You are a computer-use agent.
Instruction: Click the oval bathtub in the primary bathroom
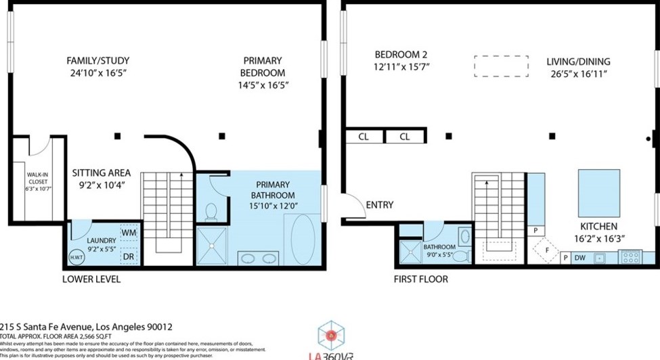305,239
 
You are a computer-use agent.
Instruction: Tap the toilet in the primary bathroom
211,212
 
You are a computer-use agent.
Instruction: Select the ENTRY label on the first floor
379,205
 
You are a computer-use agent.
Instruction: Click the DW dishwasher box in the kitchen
579,258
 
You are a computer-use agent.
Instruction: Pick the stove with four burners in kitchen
631,258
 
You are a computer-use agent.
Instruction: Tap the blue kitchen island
598,192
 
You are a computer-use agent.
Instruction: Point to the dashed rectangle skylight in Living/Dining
500,66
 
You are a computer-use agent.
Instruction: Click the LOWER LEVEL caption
91,279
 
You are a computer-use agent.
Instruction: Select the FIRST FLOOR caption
420,279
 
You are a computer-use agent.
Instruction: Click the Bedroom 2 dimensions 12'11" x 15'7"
402,66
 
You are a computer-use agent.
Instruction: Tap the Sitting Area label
102,173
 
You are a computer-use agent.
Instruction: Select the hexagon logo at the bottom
332,335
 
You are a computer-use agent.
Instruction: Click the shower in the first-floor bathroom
410,252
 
